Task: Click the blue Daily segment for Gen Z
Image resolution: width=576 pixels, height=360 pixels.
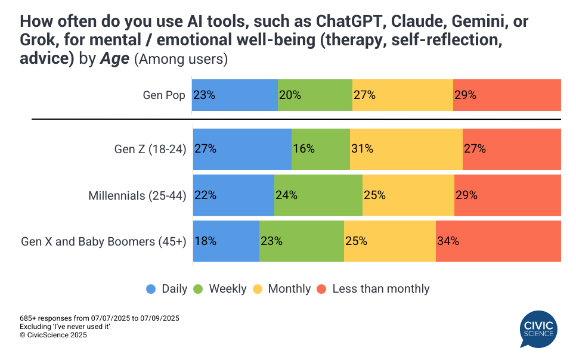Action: coord(242,149)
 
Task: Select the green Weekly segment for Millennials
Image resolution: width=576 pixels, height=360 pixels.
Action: coord(318,195)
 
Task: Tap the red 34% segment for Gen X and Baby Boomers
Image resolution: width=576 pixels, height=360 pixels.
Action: coord(498,241)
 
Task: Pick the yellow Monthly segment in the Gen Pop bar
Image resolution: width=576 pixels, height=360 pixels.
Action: coord(402,95)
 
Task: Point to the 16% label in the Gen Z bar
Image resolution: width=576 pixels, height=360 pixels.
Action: coord(304,149)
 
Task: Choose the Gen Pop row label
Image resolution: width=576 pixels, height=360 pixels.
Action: coord(164,95)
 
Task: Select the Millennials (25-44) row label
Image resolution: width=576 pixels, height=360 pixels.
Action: coord(137,195)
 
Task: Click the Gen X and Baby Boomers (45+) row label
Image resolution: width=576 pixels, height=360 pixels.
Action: coord(104,241)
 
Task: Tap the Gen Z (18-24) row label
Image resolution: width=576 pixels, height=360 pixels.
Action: coord(150,149)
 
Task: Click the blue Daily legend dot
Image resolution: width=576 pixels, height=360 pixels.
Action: coord(151,289)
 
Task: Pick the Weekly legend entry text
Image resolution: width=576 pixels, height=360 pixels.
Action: coord(227,289)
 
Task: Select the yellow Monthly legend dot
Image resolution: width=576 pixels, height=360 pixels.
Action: coord(258,289)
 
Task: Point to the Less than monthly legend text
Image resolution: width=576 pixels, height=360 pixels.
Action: coord(380,289)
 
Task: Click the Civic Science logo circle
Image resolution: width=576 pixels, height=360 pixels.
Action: coord(538,329)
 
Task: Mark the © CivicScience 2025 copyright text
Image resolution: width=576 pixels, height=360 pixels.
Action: coord(53,336)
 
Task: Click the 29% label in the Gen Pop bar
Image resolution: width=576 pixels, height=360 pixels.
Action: coord(465,95)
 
